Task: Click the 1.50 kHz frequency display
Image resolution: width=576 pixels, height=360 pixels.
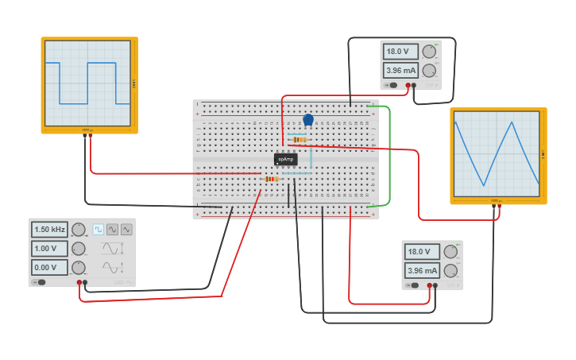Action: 49,230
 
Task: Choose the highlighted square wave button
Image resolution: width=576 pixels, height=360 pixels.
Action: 99,229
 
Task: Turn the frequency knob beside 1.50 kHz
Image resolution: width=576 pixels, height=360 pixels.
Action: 78,230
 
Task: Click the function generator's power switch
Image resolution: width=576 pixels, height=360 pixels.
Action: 39,281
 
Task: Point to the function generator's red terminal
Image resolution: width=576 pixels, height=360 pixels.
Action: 79,282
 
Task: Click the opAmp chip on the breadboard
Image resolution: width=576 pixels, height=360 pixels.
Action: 285,159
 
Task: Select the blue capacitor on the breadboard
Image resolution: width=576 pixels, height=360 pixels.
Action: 308,120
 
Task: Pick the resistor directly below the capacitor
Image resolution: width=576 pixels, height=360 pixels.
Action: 299,140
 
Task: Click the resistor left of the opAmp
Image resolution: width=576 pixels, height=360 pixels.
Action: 271,179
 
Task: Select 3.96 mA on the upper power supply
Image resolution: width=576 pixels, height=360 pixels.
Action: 401,70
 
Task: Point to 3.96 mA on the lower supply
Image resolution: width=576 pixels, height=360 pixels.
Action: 423,270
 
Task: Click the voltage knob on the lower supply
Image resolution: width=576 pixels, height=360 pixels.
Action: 450,252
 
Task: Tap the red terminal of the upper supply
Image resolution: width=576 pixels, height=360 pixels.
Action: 408,85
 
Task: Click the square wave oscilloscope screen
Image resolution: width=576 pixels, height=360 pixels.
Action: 87,83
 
